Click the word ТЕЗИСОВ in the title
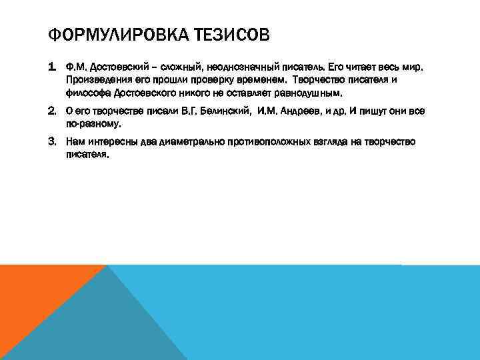[x=233, y=34]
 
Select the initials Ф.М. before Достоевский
[x=75, y=68]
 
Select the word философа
[x=88, y=92]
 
